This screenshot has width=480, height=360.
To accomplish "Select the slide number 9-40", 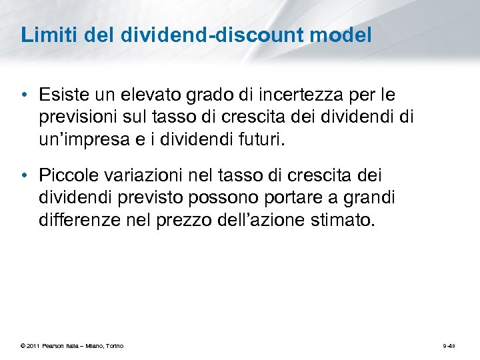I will click(x=448, y=346).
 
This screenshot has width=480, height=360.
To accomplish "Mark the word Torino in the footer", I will click(x=113, y=346).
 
